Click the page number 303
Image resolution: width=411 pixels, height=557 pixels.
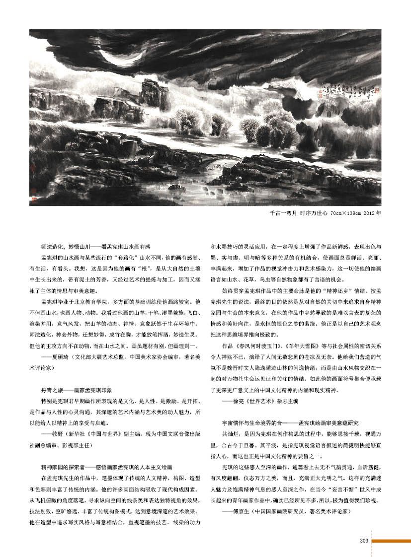pyautogui.click(x=363, y=541)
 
